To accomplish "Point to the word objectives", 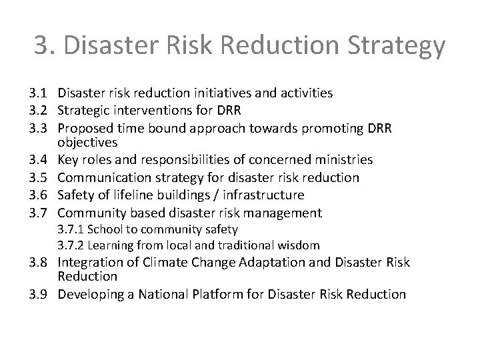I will coord(87,142).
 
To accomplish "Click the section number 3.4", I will coord(42,160).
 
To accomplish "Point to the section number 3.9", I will coord(42,294).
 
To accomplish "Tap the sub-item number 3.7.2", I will coord(70,245).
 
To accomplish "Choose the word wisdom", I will coord(299,245).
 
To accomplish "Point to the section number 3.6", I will coord(42,195).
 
